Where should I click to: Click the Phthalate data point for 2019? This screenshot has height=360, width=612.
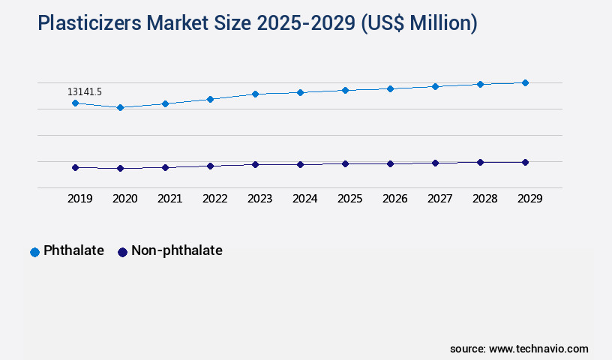point(75,103)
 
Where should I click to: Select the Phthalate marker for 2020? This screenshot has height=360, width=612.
point(120,107)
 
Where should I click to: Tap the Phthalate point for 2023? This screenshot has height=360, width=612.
point(255,94)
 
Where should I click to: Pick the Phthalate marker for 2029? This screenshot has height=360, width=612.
point(525,82)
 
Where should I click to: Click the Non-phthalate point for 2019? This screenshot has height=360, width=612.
point(75,167)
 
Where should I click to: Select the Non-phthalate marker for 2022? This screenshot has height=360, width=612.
point(210,166)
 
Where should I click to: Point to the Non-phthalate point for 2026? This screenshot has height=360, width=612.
point(390,163)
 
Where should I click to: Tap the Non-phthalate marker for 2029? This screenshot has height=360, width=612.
point(525,162)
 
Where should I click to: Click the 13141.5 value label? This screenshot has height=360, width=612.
point(85,91)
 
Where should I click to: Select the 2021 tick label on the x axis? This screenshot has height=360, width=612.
point(169,199)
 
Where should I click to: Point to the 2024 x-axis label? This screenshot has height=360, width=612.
point(304,199)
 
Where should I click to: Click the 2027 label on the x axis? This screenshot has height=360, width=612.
point(439,199)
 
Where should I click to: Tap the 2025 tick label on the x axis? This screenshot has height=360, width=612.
point(349,199)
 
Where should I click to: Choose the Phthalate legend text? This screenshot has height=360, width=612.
point(73,251)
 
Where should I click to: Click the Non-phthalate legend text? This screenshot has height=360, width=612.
point(176,251)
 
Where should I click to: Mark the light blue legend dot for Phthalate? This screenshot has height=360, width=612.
point(34,252)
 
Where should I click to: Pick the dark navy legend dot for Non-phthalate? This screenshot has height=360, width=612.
point(122,252)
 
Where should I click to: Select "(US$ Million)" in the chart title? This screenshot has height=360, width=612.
point(418,24)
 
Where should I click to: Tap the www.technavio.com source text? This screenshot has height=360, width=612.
point(538,349)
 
